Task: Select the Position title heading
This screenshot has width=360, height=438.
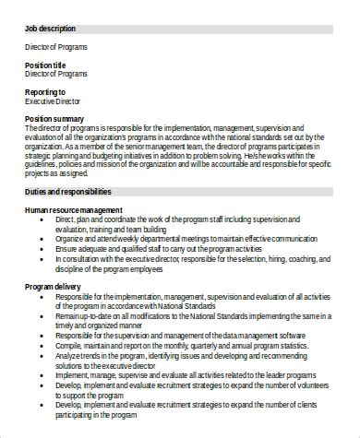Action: coord(45,65)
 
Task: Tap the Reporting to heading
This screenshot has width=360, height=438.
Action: coord(45,92)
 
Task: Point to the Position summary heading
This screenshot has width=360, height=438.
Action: coord(54,119)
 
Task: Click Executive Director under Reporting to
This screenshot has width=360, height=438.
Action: coord(52,101)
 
